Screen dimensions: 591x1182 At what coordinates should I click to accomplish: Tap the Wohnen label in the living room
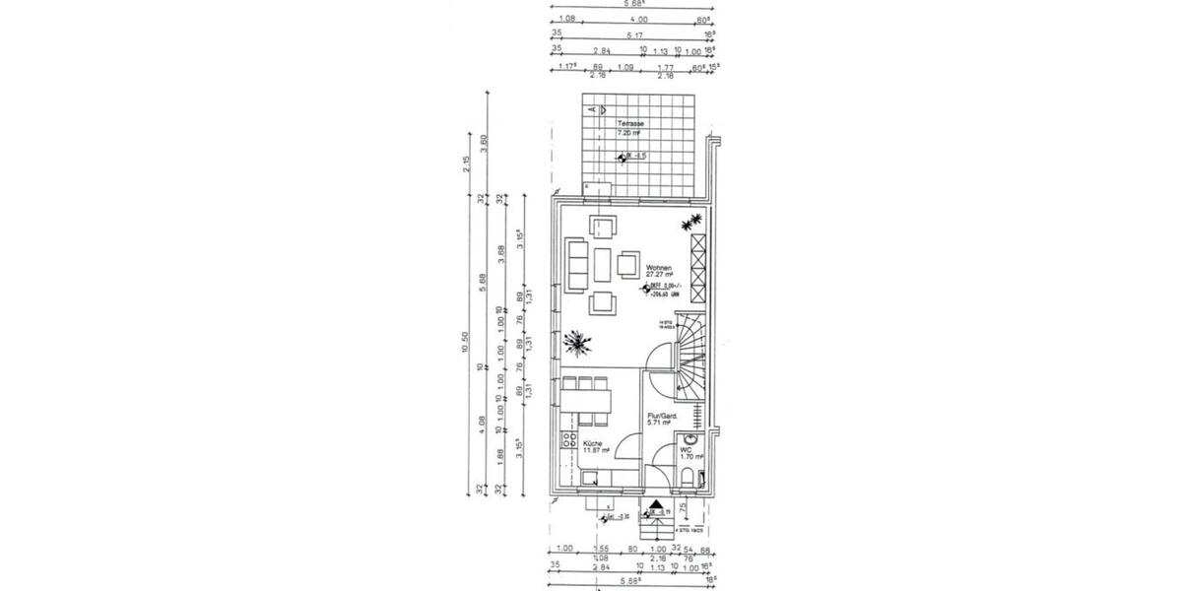tap(659, 268)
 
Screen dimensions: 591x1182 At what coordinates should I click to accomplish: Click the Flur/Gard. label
tap(660, 417)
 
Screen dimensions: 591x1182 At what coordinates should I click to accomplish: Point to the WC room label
tap(686, 449)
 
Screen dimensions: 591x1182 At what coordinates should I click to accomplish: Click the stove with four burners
tap(568, 441)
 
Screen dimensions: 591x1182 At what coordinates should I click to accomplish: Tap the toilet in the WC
tap(687, 479)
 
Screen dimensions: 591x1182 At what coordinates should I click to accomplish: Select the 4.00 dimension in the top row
tap(638, 18)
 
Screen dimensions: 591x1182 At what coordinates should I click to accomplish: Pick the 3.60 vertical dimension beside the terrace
tap(484, 141)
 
